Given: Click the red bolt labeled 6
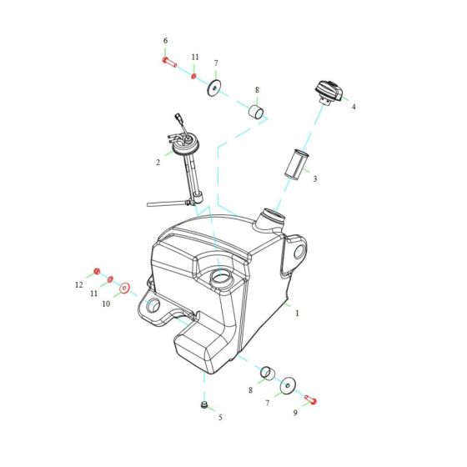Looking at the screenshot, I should [x=168, y=62].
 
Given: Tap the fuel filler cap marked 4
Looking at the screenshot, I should [x=327, y=90].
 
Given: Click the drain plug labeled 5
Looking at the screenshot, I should [x=203, y=405].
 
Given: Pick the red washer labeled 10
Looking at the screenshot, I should [x=125, y=289].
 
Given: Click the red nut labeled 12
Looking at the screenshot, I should [x=97, y=271].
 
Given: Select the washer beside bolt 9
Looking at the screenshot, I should [x=288, y=385].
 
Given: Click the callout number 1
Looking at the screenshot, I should [x=297, y=314].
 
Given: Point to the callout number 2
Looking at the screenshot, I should [x=158, y=163].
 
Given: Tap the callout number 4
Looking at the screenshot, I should [x=353, y=107].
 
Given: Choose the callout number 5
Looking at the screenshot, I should [x=220, y=417].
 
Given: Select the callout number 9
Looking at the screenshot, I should [x=294, y=413].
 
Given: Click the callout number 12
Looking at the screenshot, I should [x=79, y=284].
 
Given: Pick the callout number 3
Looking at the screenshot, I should [x=314, y=178].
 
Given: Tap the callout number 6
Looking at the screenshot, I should [x=165, y=41].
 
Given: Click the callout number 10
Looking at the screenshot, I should [x=106, y=304].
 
